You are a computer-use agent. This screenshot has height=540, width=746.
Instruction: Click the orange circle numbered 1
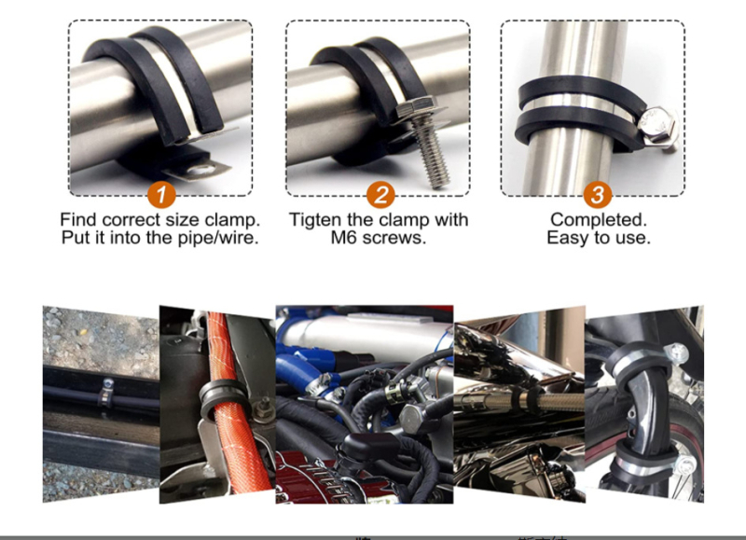(x=161, y=194)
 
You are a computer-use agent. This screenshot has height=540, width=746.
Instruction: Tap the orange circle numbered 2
(x=380, y=194)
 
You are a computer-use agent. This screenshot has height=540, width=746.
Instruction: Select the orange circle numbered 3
(x=598, y=194)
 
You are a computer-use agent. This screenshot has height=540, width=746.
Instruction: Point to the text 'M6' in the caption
(x=342, y=238)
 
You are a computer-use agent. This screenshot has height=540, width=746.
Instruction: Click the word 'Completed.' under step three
(x=599, y=220)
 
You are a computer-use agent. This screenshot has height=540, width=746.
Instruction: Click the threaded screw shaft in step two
(x=432, y=152)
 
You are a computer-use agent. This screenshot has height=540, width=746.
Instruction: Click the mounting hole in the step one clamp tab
(x=196, y=170)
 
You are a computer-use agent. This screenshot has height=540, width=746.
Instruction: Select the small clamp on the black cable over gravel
(x=106, y=394)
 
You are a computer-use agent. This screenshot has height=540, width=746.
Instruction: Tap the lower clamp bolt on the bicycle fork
(x=686, y=464)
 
